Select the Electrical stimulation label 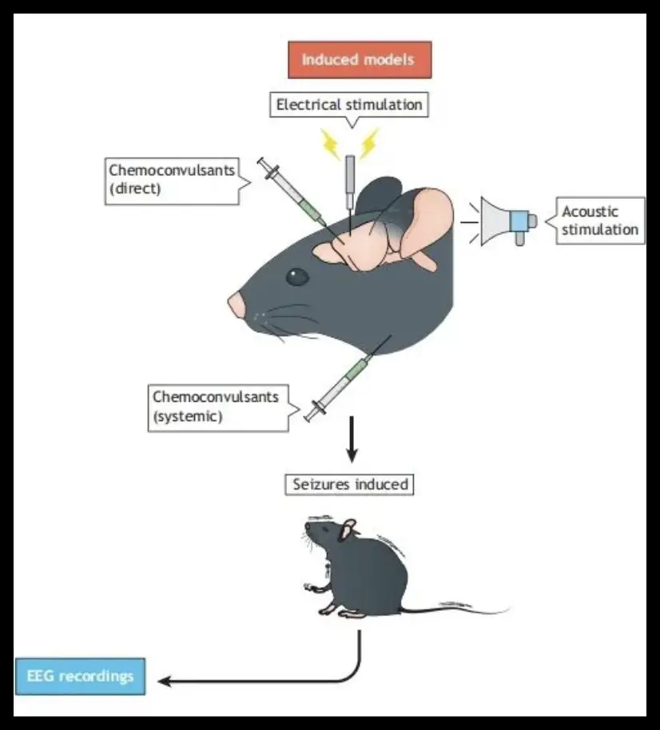click(348, 105)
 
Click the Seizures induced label click(350, 483)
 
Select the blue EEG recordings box click(79, 676)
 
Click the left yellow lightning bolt click(330, 143)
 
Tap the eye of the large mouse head click(297, 277)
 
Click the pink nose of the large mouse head click(236, 304)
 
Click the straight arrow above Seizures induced click(351, 439)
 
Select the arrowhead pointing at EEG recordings click(165, 680)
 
